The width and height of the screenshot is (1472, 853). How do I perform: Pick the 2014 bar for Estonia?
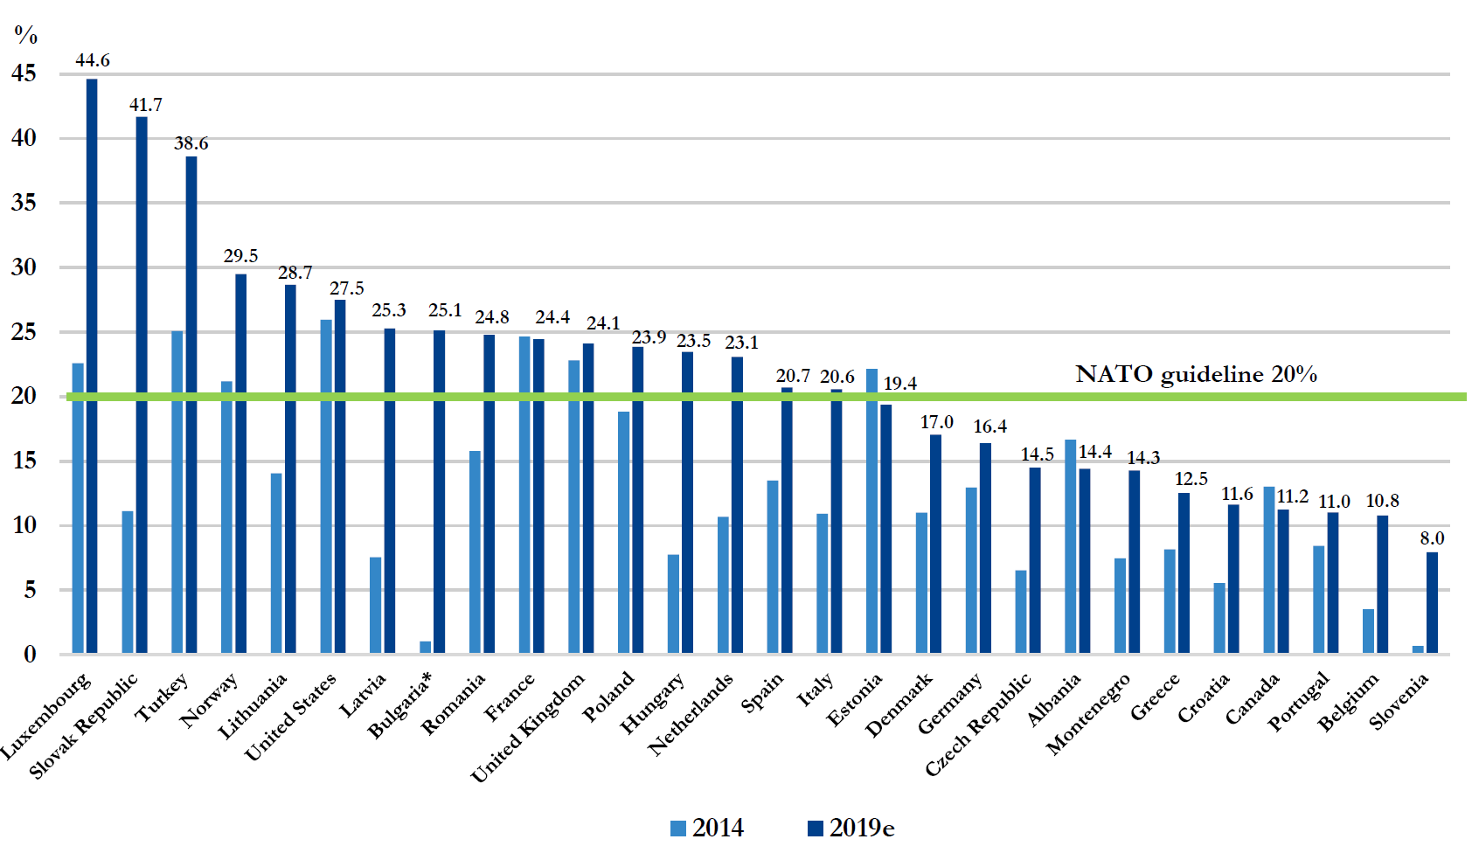pos(871,510)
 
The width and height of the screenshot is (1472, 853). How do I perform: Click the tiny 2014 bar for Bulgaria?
pos(426,648)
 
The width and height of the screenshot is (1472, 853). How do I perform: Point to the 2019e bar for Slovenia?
pos(1432,602)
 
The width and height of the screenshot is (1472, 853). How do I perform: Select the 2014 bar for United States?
pos(326,486)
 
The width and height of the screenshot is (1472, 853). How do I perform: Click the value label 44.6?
pos(93,60)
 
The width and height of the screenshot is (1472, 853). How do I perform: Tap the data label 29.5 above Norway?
pos(240,256)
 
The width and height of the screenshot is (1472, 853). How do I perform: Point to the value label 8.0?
pos(1432,538)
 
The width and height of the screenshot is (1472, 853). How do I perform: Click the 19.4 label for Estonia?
pos(899,384)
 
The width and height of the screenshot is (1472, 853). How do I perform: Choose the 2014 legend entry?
pos(707,828)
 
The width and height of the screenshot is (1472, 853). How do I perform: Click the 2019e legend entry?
pos(851,828)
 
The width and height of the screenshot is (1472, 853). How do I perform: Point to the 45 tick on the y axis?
pos(24,74)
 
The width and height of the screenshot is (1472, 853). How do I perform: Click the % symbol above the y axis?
pos(26,35)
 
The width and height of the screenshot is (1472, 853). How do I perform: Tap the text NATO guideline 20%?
pos(1196,374)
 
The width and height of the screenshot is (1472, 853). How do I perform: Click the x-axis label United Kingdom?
pos(528,728)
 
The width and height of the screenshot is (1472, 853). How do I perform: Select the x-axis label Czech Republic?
pos(978,725)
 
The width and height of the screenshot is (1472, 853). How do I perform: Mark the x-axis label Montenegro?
pos(1088,714)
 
